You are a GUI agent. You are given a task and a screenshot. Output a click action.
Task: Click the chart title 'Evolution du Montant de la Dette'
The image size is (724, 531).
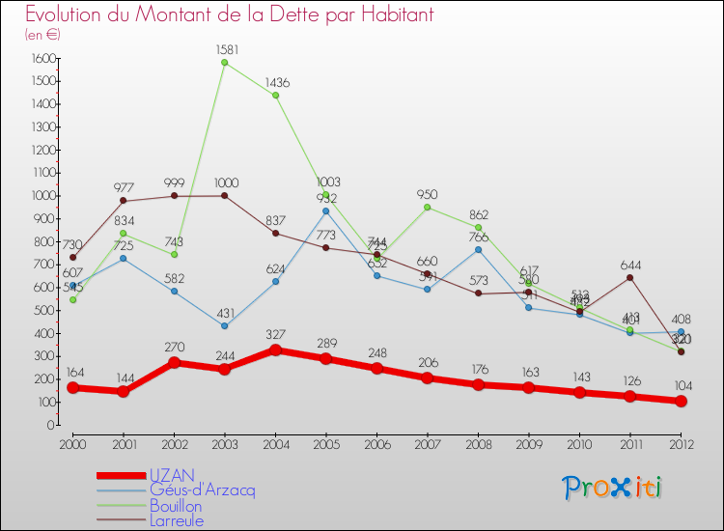pyautogui.click(x=230, y=15)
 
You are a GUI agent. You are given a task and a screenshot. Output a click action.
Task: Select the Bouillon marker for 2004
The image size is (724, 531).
pyautogui.click(x=275, y=96)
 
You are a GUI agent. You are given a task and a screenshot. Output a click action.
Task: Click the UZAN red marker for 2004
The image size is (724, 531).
pyautogui.click(x=275, y=349)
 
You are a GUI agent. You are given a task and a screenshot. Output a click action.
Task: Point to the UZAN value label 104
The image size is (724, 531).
pyautogui.click(x=681, y=384)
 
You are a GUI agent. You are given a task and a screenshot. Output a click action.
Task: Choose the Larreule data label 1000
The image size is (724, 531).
pyautogui.click(x=224, y=182)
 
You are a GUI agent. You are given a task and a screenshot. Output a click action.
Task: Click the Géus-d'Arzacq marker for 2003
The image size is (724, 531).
pyautogui.click(x=224, y=325)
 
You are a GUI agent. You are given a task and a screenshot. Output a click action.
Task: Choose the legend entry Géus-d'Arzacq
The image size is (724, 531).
pyautogui.click(x=202, y=490)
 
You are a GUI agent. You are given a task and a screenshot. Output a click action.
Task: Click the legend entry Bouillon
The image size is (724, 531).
pyautogui.click(x=176, y=506)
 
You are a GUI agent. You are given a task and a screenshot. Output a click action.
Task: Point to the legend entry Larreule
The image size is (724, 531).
pyautogui.click(x=177, y=521)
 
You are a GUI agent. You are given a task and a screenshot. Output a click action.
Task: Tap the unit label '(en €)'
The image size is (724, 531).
pyautogui.click(x=43, y=35)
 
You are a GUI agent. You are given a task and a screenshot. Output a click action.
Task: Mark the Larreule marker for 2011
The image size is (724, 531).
pyautogui.click(x=630, y=278)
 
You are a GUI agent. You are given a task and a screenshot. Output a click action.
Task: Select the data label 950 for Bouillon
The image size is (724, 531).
pyautogui.click(x=428, y=195)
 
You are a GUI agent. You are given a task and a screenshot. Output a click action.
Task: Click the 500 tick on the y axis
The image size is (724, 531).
pyautogui.click(x=42, y=311)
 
